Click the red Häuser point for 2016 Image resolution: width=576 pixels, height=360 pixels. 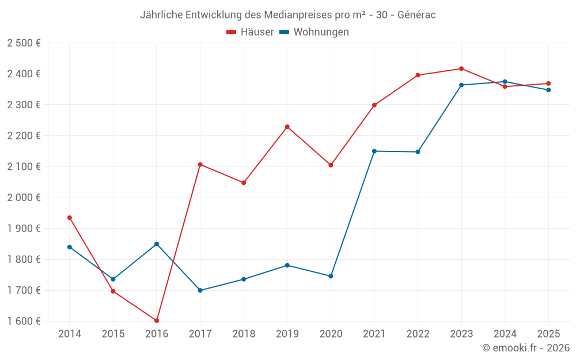point(157,320)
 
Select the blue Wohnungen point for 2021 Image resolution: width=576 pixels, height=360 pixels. point(374,151)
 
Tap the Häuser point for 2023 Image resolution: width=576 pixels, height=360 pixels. point(461,69)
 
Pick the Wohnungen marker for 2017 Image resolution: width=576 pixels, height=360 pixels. point(200,290)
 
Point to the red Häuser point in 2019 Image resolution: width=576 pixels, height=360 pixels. point(287,127)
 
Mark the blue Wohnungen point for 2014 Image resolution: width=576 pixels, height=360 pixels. point(70,247)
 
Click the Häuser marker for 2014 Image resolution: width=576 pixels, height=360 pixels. point(70,218)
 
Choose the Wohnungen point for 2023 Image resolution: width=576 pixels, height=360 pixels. point(461,85)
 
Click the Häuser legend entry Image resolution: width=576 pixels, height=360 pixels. point(250,32)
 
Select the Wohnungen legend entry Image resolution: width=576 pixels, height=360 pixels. point(314,32)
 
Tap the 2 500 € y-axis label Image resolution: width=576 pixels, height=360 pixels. point(24,43)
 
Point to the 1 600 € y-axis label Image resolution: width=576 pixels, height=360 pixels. point(24,321)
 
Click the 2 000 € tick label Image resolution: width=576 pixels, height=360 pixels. point(24,198)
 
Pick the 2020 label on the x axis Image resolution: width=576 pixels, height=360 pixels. point(331,334)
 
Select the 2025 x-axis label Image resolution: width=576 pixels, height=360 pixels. point(548,334)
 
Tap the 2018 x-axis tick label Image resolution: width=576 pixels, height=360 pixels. point(244,334)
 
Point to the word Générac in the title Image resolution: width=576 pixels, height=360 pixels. point(416,15)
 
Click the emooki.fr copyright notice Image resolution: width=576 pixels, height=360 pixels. point(526,348)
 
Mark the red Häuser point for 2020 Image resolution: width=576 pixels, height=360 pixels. point(331,165)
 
